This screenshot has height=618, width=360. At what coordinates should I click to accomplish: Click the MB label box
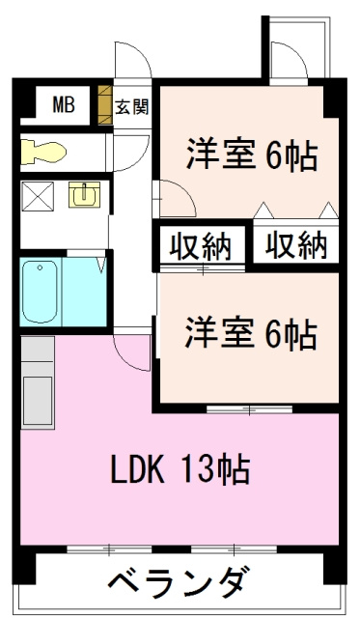click(63, 104)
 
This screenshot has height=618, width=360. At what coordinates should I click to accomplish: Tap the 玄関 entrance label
click(132, 105)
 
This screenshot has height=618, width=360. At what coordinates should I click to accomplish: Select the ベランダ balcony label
click(180, 583)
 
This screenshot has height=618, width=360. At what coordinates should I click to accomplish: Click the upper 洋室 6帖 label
click(252, 154)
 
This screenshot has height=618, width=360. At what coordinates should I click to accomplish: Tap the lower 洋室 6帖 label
click(250, 334)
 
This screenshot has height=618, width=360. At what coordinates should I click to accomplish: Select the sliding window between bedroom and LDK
click(249, 411)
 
